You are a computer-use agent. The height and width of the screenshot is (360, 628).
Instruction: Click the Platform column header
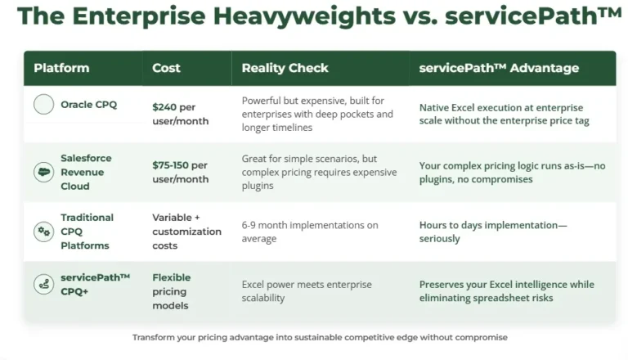click(x=61, y=68)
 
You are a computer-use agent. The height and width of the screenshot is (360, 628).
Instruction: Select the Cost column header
click(x=166, y=68)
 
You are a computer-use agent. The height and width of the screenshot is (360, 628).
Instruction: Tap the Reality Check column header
click(x=285, y=68)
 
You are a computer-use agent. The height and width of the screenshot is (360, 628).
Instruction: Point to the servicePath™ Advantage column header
click(x=499, y=68)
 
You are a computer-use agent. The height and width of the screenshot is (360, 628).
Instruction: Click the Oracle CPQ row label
click(x=89, y=105)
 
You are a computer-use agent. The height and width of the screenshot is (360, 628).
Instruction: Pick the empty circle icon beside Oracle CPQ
click(x=43, y=104)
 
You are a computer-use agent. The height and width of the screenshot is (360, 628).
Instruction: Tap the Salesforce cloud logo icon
click(x=43, y=172)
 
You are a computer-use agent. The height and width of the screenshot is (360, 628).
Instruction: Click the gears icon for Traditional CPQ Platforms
click(x=43, y=232)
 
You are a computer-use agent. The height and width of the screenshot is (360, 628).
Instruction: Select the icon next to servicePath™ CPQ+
click(x=43, y=284)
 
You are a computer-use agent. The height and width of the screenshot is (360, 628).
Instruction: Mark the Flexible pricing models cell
click(x=172, y=291)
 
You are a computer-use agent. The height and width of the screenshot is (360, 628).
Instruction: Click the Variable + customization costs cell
click(x=186, y=232)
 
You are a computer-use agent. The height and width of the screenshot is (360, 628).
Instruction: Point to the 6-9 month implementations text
click(x=310, y=232)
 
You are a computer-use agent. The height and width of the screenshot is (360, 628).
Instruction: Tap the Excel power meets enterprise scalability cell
click(x=307, y=291)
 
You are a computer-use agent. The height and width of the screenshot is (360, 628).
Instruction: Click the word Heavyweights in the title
click(x=304, y=16)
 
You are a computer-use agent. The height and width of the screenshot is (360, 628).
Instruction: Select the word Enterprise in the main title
click(x=139, y=16)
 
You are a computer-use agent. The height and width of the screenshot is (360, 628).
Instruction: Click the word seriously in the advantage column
click(x=439, y=239)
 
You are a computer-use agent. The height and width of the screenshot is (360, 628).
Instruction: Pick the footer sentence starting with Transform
click(x=320, y=338)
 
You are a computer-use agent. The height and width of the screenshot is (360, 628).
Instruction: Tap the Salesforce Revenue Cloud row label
click(x=86, y=172)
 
